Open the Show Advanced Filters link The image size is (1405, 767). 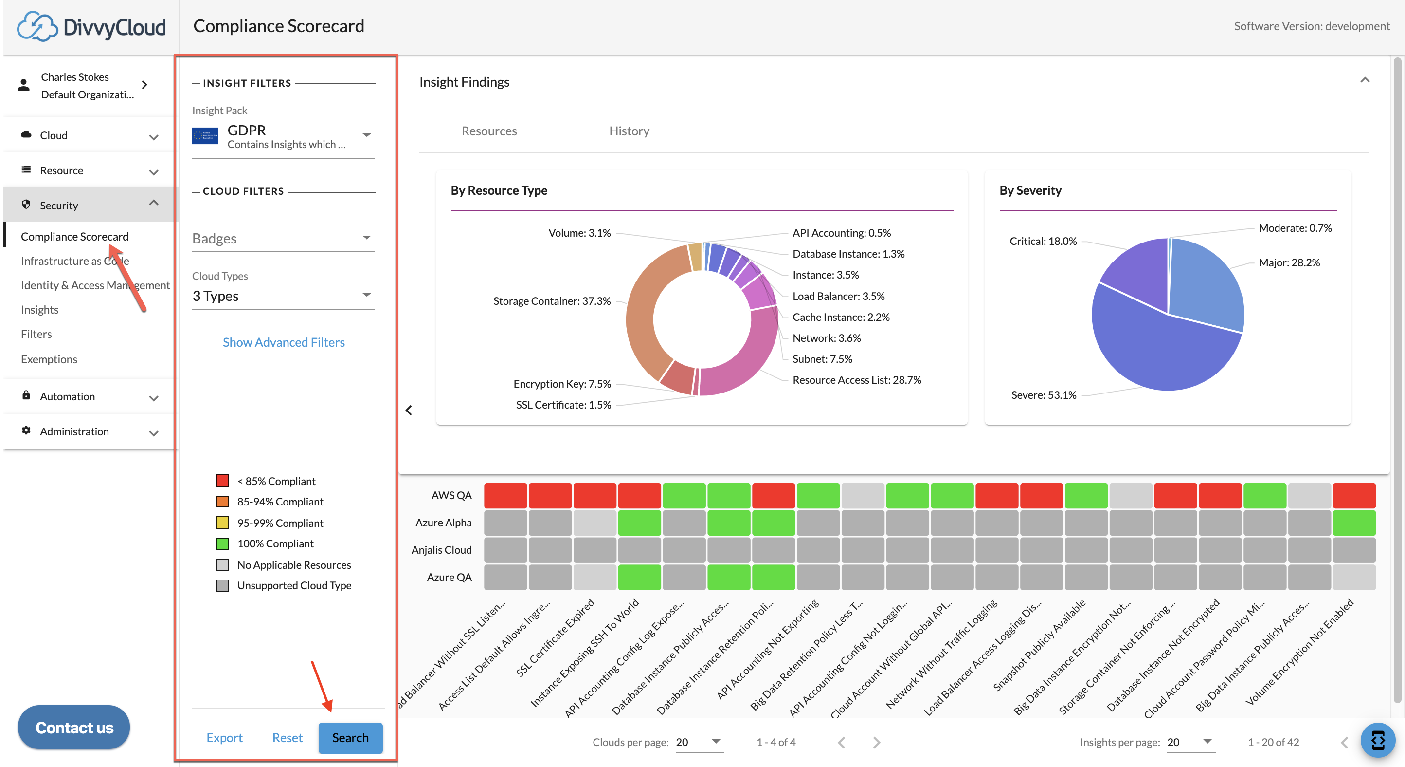tap(284, 342)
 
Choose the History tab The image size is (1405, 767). tap(629, 131)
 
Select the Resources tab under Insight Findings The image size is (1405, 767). tap(489, 131)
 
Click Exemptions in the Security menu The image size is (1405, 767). tap(49, 359)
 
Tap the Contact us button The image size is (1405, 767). tap(74, 728)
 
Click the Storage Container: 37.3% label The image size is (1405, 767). tap(551, 301)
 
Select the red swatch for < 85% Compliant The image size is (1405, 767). tap(222, 480)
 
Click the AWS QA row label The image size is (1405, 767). tap(451, 495)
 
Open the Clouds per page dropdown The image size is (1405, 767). tap(699, 742)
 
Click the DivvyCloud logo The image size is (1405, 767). tap(91, 26)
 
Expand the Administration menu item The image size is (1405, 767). tap(90, 431)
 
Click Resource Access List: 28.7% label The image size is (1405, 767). tap(856, 380)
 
